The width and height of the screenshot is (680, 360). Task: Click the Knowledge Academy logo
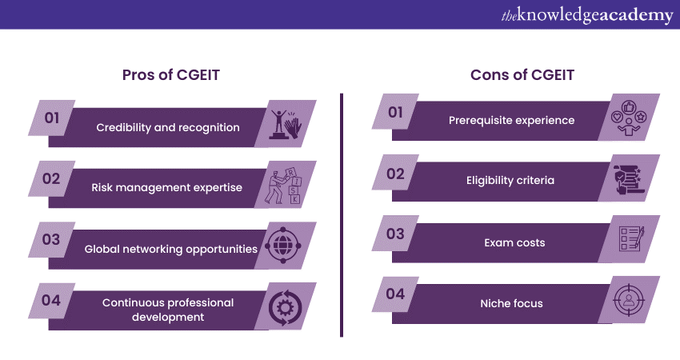click(587, 15)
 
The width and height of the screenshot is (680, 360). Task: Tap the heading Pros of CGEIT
click(171, 75)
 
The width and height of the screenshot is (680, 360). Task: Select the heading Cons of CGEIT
click(522, 75)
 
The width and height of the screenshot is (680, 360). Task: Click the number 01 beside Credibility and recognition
click(52, 118)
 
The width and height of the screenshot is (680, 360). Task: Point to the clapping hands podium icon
click(286, 125)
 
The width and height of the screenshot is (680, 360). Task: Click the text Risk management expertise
click(167, 188)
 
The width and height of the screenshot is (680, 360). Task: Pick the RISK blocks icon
click(283, 186)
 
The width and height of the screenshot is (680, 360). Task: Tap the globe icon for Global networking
click(282, 245)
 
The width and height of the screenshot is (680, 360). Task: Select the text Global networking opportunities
click(171, 249)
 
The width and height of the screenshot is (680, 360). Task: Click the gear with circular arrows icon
click(285, 308)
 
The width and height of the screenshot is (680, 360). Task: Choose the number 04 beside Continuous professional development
click(51, 300)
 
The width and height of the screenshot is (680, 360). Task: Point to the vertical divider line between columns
click(342, 214)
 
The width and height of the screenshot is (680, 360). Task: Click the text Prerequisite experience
click(512, 120)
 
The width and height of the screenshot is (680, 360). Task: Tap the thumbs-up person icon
click(628, 118)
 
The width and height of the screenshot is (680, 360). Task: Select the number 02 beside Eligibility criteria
click(395, 174)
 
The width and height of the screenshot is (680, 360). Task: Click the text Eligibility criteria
click(510, 181)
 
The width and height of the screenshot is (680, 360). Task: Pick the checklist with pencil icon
click(631, 238)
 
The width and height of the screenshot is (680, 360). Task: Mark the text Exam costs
click(514, 243)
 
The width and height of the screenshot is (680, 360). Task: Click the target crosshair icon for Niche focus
click(628, 300)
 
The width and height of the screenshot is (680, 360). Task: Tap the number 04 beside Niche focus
click(395, 294)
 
